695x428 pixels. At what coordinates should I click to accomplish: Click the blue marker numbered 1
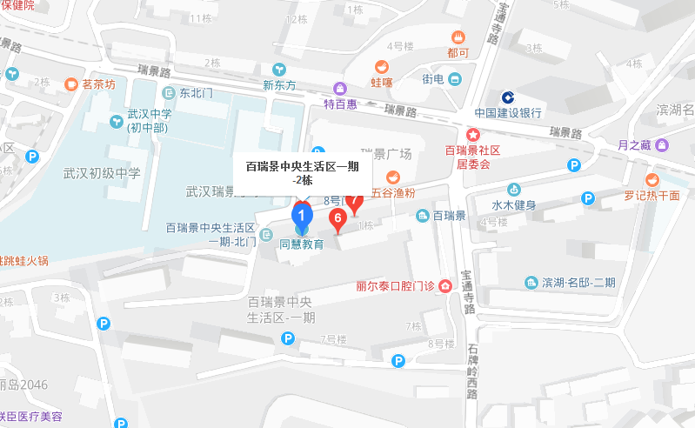pyautogui.click(x=301, y=214)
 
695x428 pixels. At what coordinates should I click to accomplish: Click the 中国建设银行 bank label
pyautogui.click(x=508, y=112)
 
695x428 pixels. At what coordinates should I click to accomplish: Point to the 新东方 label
pyautogui.click(x=279, y=85)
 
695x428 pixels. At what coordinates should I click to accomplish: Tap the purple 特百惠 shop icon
pyautogui.click(x=340, y=88)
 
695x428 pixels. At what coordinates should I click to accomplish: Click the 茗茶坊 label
pyautogui.click(x=98, y=84)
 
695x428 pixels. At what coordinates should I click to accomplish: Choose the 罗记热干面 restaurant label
pyautogui.click(x=652, y=196)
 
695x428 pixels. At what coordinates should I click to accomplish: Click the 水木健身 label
pyautogui.click(x=513, y=205)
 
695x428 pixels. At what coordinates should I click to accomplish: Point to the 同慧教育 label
pyautogui.click(x=301, y=244)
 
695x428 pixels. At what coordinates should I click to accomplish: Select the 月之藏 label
pyautogui.click(x=632, y=144)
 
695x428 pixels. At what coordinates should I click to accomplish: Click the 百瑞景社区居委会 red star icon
pyautogui.click(x=473, y=135)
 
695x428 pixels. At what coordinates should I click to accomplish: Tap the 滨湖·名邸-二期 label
pyautogui.click(x=578, y=283)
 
